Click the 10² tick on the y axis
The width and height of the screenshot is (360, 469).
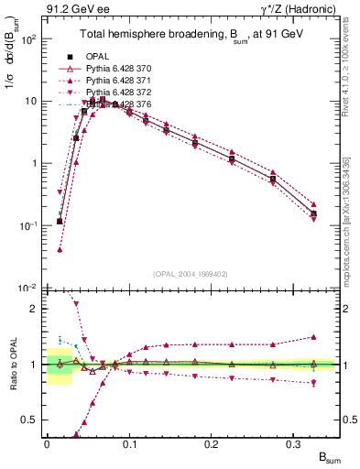tap(28, 40)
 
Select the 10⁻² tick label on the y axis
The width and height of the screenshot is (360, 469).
tap(28, 289)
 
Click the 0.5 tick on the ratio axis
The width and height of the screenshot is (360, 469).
tap(31, 420)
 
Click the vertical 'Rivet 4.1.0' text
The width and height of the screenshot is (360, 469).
tap(348, 82)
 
